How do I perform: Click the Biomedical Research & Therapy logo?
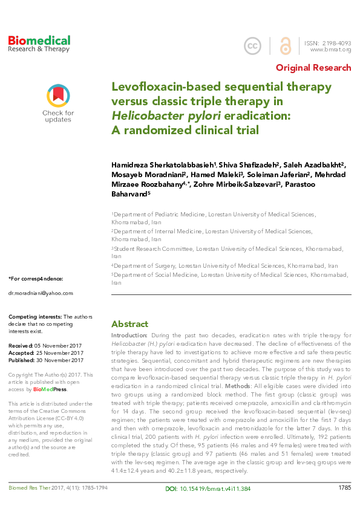point(39,44)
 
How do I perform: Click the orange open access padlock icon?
point(284,46)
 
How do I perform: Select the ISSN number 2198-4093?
point(336,42)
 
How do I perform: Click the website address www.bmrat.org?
point(330,50)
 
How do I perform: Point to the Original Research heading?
point(313,68)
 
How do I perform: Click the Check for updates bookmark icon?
point(58,96)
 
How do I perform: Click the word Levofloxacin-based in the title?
point(164,87)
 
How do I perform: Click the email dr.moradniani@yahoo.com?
point(41,293)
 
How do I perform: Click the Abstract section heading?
point(129,324)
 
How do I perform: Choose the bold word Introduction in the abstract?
point(129,334)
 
